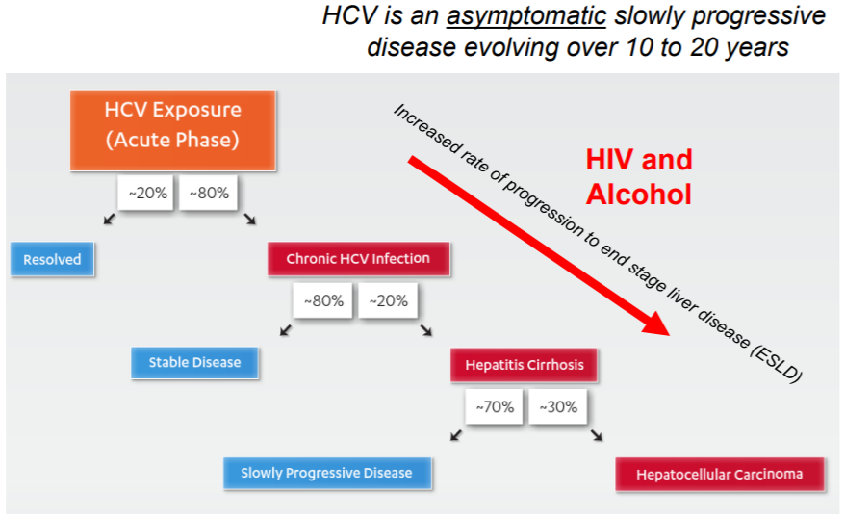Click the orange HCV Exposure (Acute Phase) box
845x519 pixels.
click(x=173, y=129)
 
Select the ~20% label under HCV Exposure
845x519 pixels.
click(x=147, y=194)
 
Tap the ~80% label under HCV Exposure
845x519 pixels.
click(x=209, y=194)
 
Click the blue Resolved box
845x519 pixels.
click(x=52, y=259)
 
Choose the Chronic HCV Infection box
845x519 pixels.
click(x=358, y=258)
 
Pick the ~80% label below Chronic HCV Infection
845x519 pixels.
click(x=323, y=300)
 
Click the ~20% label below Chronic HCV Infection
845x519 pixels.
click(x=388, y=300)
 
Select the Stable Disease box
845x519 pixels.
click(x=194, y=362)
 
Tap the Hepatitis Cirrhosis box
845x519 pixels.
click(x=525, y=365)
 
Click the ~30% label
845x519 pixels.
click(x=558, y=406)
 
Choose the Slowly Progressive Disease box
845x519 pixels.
click(x=326, y=473)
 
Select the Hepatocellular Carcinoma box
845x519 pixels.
click(x=719, y=474)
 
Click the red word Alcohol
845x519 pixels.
click(x=639, y=194)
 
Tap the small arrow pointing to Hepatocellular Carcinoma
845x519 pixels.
click(x=598, y=436)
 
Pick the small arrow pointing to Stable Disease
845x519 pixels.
click(x=285, y=331)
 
